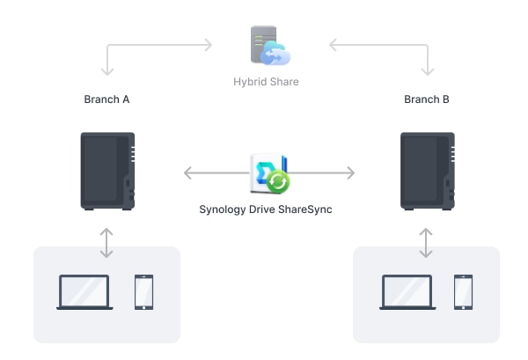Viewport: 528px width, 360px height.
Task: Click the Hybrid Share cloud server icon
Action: click(269, 47)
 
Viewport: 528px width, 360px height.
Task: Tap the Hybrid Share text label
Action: click(266, 82)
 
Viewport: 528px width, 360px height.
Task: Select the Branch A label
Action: click(106, 99)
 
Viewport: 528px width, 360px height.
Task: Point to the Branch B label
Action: click(427, 99)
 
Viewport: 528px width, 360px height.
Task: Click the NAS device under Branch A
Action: click(107, 170)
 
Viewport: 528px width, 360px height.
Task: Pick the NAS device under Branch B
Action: click(428, 170)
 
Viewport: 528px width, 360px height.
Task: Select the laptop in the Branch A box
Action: click(84, 292)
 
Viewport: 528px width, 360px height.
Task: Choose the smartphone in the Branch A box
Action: click(143, 292)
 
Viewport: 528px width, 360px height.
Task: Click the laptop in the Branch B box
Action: click(407, 292)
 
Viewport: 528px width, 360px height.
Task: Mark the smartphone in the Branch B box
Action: click(464, 292)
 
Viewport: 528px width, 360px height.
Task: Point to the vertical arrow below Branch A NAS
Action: click(106, 242)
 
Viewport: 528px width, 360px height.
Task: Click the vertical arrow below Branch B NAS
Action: click(427, 242)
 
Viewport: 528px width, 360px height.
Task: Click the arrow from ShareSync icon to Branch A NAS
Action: click(216, 173)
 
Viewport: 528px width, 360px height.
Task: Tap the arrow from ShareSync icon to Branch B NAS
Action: click(324, 173)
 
